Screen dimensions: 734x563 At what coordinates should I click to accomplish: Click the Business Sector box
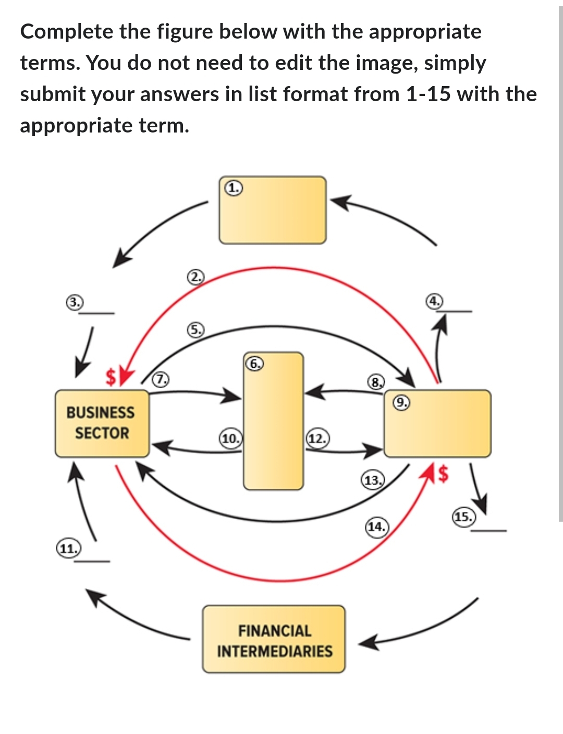click(102, 423)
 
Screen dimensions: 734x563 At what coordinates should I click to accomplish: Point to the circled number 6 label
click(254, 363)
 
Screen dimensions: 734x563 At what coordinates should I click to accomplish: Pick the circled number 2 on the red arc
click(195, 276)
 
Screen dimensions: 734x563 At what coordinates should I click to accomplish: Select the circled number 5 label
click(195, 330)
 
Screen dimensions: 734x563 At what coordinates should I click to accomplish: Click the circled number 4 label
click(434, 300)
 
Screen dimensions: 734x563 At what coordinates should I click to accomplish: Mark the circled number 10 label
click(230, 438)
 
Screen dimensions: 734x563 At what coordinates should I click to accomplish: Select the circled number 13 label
click(372, 480)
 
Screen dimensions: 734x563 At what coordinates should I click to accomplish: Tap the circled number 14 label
click(376, 526)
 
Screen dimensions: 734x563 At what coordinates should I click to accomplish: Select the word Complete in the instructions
click(66, 32)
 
